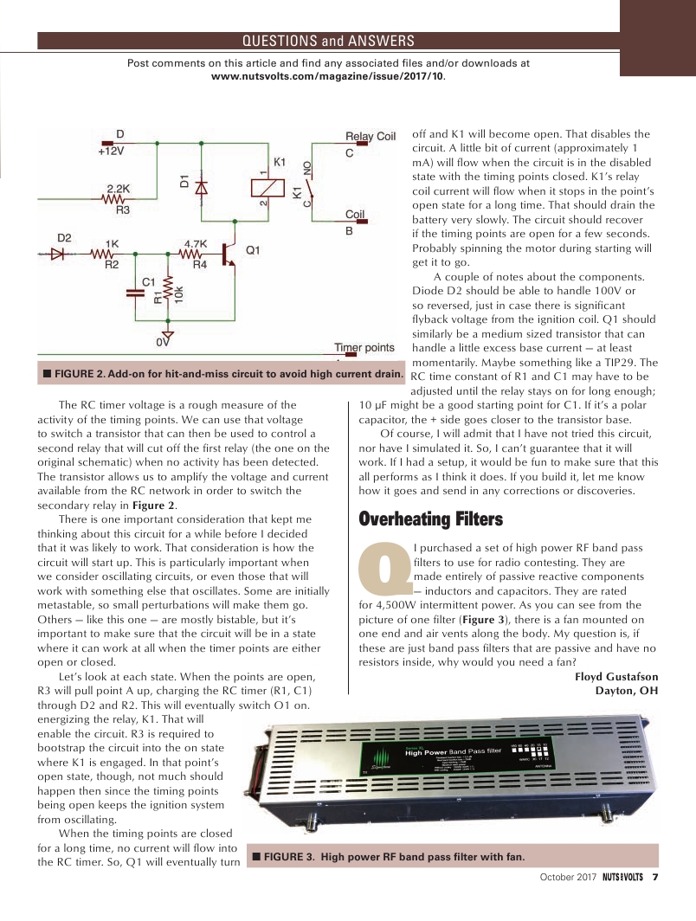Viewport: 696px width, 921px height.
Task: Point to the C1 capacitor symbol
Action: point(136,293)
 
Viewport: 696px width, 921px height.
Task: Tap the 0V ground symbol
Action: point(169,335)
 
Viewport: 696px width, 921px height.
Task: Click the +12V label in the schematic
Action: point(111,150)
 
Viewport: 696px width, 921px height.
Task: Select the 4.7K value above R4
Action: point(196,243)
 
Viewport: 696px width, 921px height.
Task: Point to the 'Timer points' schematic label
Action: point(364,347)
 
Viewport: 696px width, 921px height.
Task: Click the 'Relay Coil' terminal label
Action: point(370,137)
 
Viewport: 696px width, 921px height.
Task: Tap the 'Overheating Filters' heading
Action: point(430,519)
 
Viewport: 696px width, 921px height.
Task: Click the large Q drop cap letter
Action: point(384,564)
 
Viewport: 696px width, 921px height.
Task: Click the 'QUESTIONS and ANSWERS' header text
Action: point(327,41)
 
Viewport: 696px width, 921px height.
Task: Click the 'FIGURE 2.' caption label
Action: point(86,373)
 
